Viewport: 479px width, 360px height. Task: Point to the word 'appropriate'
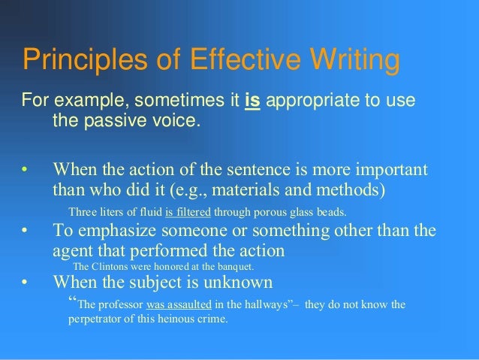[309, 101]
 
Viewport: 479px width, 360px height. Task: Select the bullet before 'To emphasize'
[25, 231]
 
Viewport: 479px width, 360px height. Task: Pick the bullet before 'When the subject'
[25, 283]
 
